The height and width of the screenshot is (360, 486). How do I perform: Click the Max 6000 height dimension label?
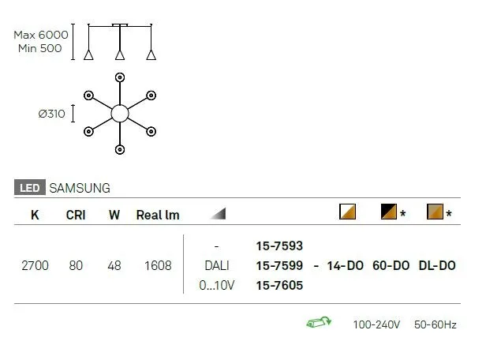41,35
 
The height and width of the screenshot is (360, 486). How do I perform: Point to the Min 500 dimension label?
40,48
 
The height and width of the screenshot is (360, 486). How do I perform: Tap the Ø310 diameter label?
52,114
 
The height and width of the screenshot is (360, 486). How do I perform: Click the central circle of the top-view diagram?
120,114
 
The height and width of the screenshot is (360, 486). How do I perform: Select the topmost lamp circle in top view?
120,77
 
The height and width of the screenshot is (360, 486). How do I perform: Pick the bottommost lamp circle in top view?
120,149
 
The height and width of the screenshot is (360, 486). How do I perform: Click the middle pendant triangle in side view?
120,54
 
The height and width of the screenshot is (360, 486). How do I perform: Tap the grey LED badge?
30,188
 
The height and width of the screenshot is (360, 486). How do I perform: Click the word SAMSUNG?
80,188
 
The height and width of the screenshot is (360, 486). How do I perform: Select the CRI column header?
76,215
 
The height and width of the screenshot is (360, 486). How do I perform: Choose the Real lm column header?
158,215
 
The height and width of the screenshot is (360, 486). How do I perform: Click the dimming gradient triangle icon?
218,214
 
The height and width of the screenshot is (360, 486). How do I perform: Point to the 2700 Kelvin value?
35,266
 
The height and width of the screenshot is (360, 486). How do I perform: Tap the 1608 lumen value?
158,266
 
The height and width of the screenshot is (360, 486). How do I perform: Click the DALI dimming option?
217,266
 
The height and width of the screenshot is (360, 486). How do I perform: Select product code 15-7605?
279,285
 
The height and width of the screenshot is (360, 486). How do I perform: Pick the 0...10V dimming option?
217,285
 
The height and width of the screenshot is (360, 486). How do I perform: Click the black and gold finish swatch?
389,212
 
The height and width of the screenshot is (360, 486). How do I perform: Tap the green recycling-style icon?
319,322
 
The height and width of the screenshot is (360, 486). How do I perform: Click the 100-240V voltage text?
376,324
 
